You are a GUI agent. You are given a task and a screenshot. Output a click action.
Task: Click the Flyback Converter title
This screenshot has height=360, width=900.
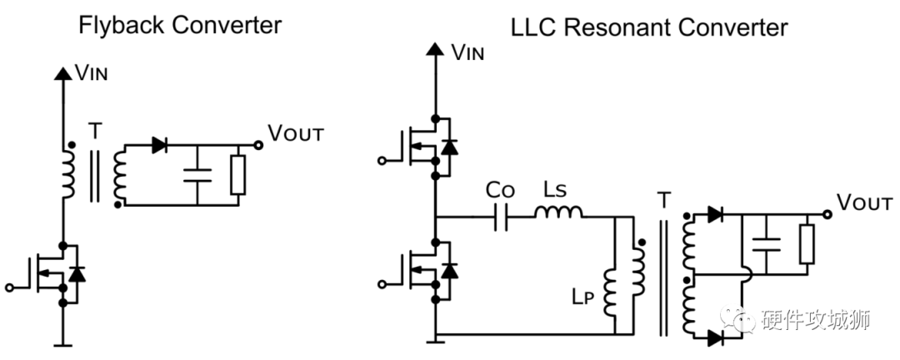[179, 25]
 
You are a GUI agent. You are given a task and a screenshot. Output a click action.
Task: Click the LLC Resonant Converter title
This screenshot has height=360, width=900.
[648, 27]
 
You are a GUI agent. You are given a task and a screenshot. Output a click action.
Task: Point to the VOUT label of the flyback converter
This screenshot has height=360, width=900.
[297, 132]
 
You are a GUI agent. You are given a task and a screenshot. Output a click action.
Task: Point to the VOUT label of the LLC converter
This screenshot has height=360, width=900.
[864, 202]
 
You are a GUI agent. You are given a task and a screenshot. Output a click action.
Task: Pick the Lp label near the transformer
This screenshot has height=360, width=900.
[582, 296]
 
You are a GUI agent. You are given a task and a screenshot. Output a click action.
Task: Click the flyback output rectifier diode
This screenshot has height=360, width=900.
[160, 144]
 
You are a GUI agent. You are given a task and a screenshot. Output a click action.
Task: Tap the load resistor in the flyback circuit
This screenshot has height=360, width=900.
[239, 175]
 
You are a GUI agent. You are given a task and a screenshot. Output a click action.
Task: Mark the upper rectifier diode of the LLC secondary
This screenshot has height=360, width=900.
[715, 214]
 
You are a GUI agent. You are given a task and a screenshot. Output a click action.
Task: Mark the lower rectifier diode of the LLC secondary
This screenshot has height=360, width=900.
[715, 337]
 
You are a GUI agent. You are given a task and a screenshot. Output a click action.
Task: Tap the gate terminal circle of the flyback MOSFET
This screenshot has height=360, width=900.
[10, 287]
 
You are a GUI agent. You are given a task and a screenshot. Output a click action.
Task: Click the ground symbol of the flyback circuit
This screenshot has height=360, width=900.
[62, 343]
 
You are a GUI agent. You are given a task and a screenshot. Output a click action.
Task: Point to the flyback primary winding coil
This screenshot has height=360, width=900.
[65, 170]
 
